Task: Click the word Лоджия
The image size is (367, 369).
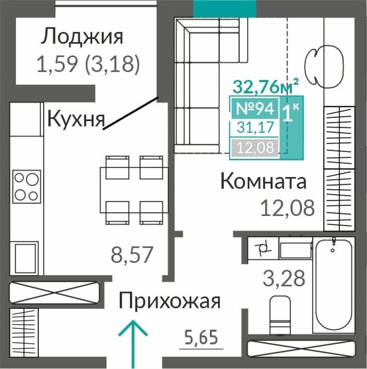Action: point(82,37)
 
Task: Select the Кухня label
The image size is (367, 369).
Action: point(75,119)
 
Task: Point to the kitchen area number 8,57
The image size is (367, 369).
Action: point(132,255)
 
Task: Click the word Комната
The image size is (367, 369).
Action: point(264,182)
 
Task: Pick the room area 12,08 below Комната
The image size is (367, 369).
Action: point(287,208)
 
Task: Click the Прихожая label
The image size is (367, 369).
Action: point(169,301)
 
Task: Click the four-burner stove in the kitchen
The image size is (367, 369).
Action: point(26,187)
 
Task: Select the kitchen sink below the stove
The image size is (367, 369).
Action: point(26,257)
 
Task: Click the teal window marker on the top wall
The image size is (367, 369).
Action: point(225,8)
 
